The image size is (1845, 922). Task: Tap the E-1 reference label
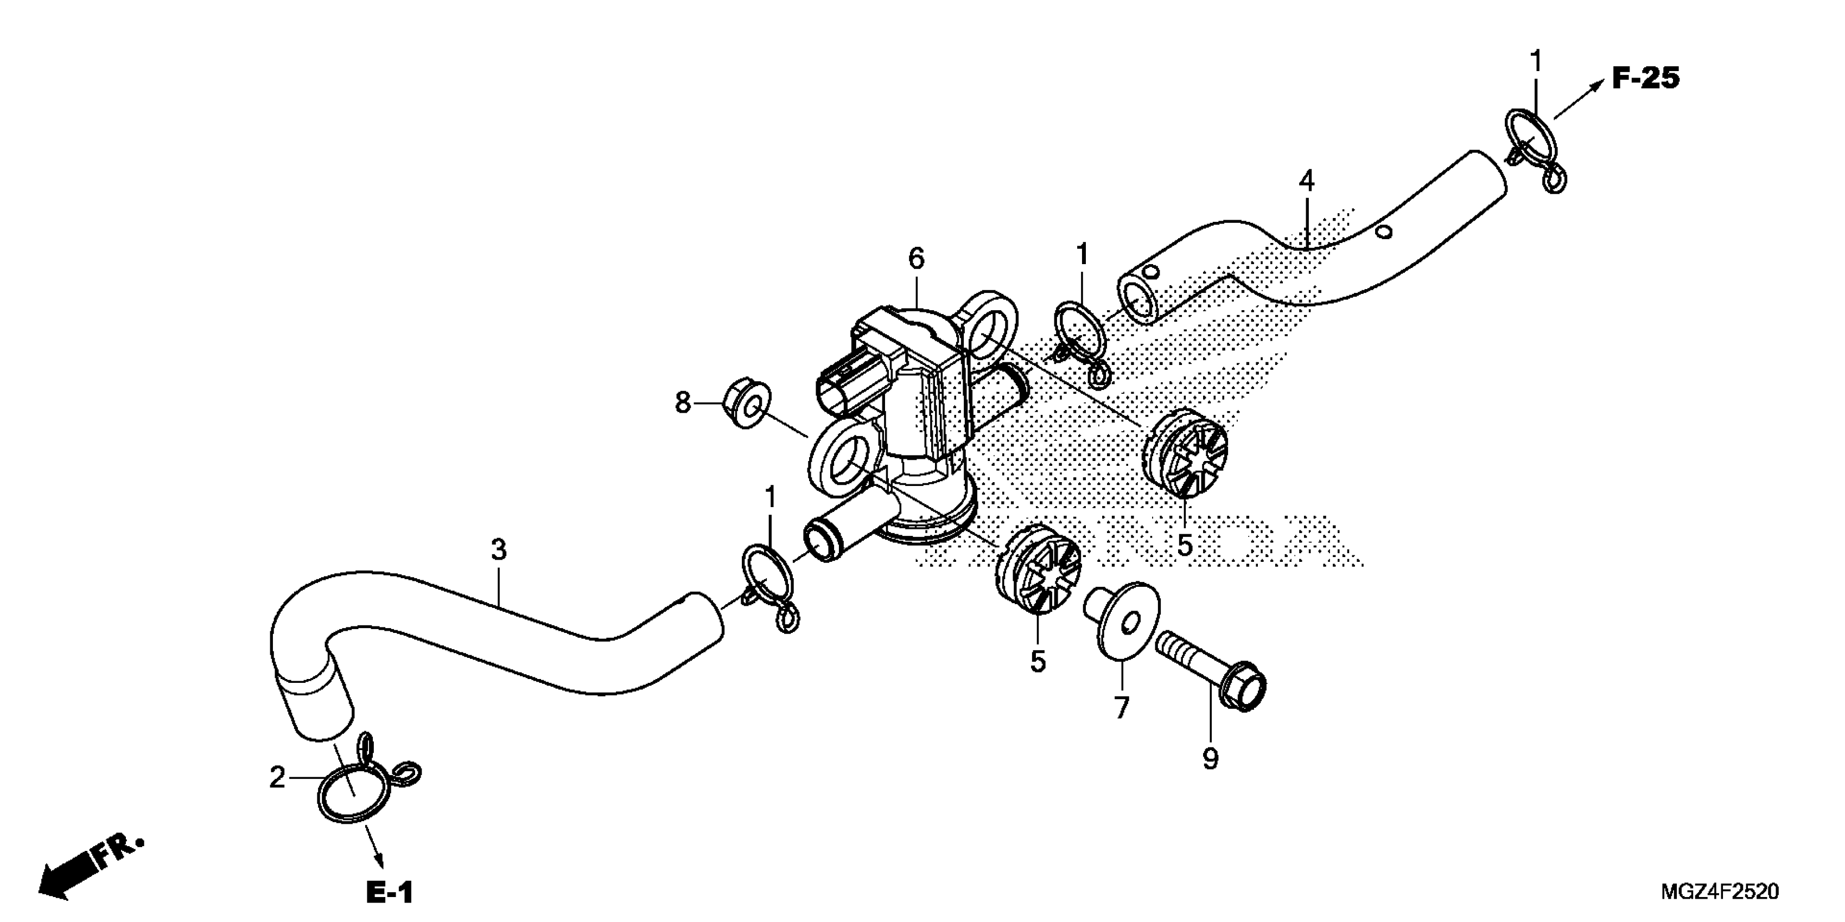(389, 892)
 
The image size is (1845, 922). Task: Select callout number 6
(916, 258)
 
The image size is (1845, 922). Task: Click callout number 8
(683, 403)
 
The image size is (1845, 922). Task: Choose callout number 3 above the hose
(499, 550)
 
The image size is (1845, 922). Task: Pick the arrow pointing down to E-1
(373, 849)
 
